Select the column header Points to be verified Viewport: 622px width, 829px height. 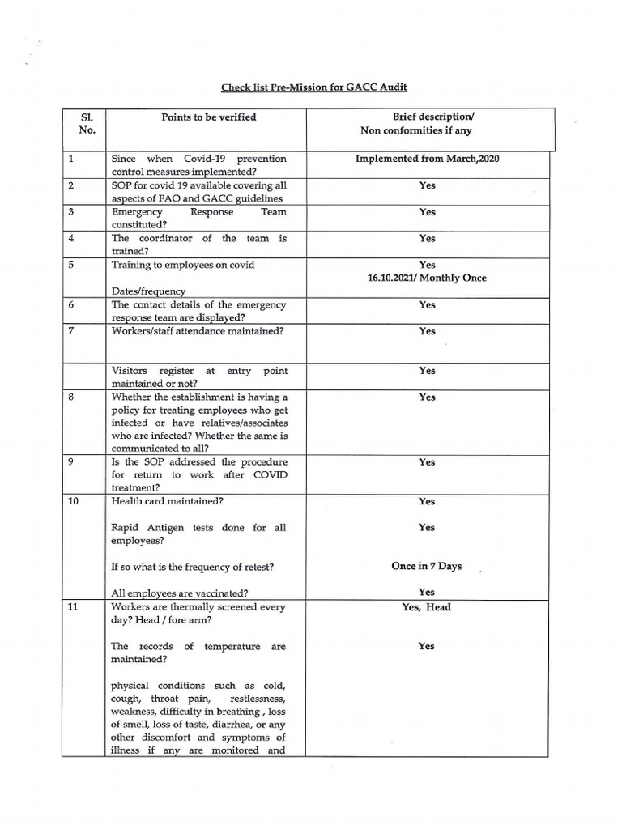click(x=208, y=117)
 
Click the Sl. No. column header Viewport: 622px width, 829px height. click(x=87, y=123)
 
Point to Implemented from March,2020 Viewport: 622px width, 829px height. click(x=428, y=159)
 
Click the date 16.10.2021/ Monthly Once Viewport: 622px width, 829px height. click(x=428, y=278)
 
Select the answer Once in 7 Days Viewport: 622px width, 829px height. click(x=426, y=566)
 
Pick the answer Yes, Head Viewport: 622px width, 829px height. click(x=427, y=607)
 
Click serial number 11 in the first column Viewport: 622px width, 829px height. click(x=73, y=607)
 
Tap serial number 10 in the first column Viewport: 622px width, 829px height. click(x=73, y=501)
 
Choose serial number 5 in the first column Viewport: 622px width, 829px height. click(x=71, y=265)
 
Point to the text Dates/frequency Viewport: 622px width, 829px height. click(x=148, y=291)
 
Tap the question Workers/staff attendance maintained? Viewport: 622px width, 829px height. click(x=198, y=331)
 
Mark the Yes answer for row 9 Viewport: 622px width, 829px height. click(x=427, y=462)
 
